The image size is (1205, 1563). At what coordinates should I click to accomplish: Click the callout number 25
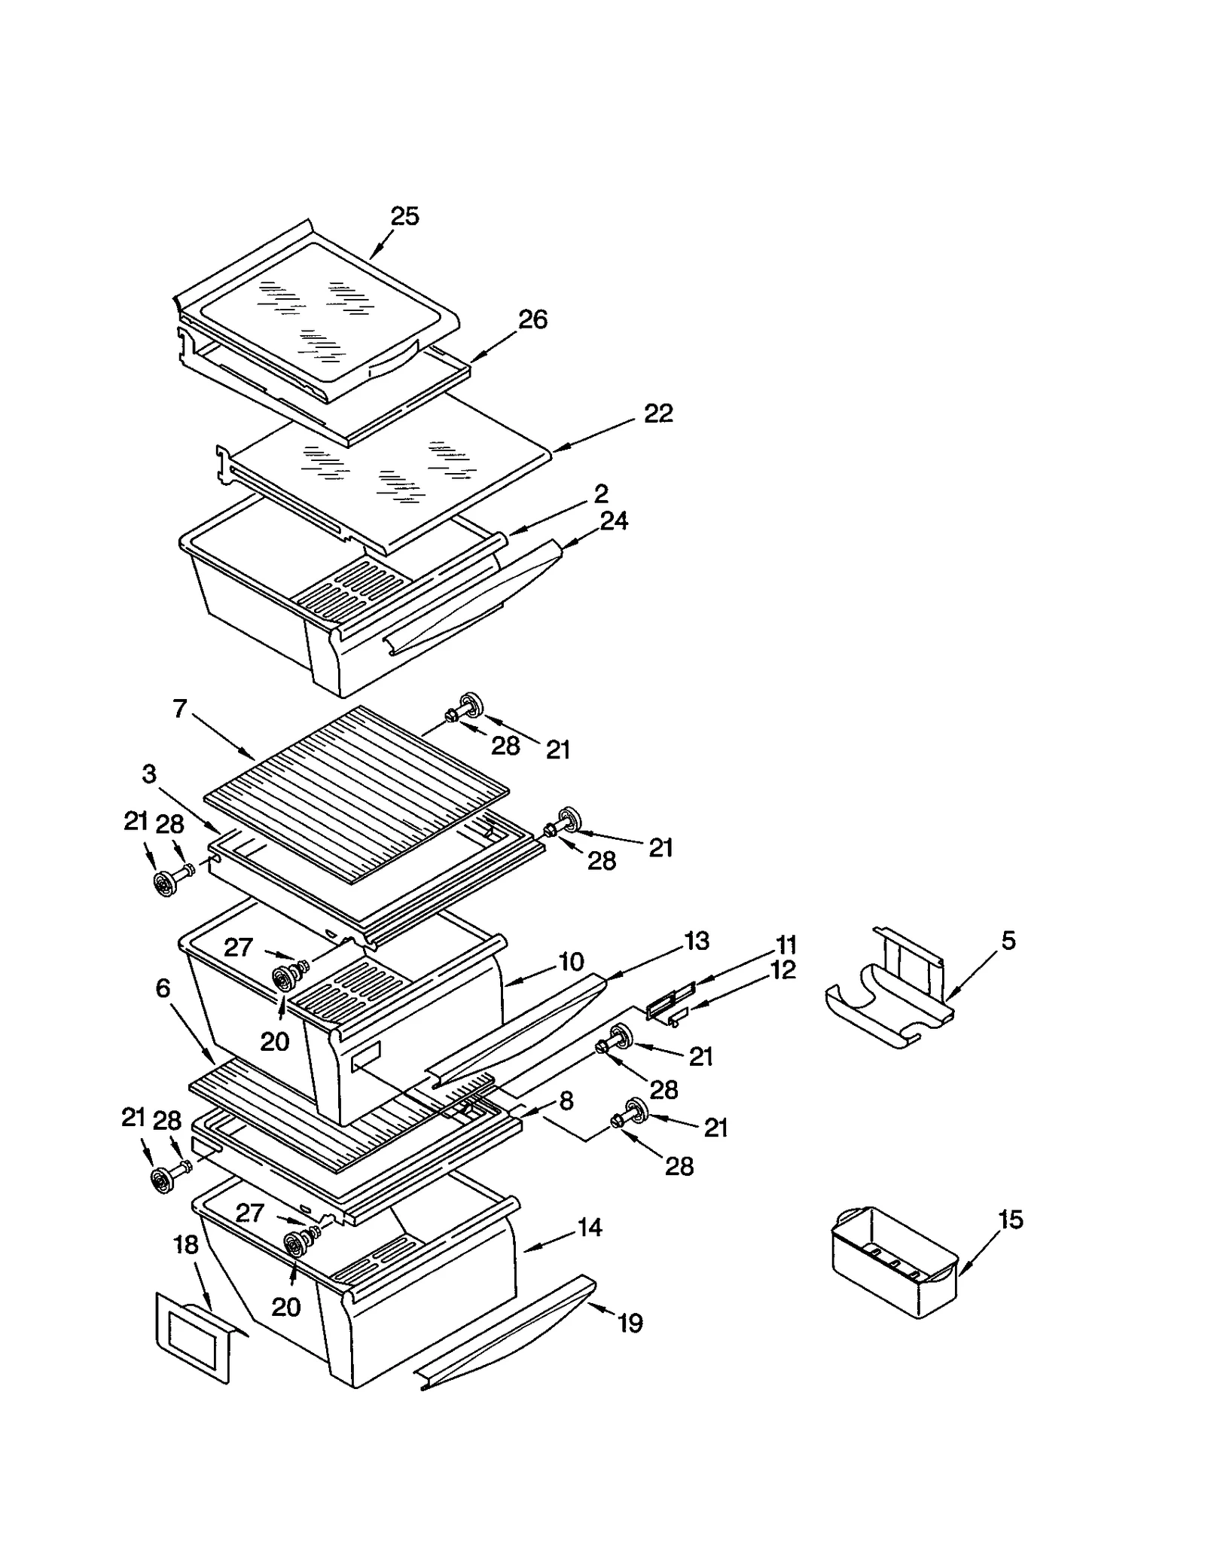(x=404, y=217)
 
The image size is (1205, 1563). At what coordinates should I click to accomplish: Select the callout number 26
(x=532, y=319)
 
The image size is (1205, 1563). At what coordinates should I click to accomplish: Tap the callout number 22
(x=658, y=414)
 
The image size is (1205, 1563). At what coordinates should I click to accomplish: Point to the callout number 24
(x=614, y=520)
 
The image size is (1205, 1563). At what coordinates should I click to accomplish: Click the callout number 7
(x=179, y=709)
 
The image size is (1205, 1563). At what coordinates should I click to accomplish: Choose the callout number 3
(x=149, y=774)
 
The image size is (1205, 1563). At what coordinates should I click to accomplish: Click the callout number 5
(x=1008, y=940)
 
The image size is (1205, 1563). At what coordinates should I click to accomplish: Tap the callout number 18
(x=186, y=1244)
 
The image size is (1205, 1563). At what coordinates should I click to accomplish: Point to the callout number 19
(x=630, y=1323)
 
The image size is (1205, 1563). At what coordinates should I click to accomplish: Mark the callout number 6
(x=163, y=988)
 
